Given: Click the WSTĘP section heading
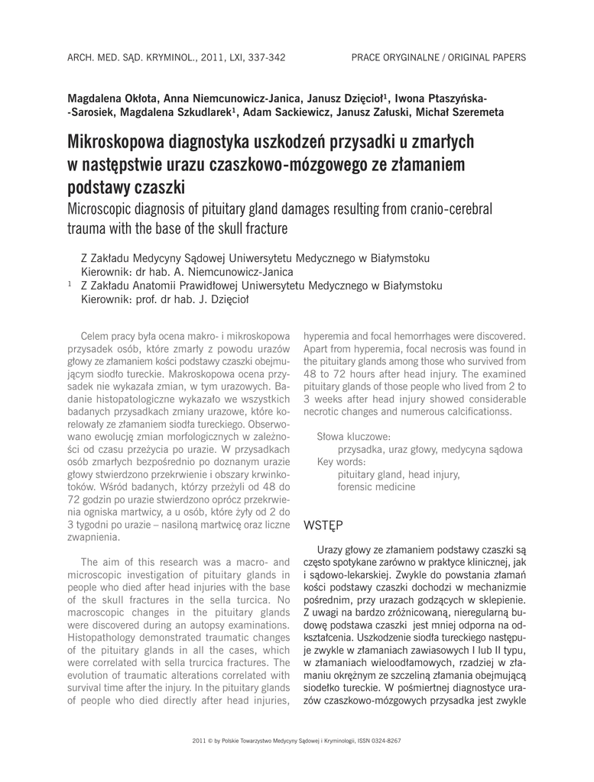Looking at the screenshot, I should pyautogui.click(x=323, y=525).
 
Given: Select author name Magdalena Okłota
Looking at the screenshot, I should pyautogui.click(x=112, y=99).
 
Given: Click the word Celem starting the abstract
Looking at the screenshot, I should pyautogui.click(x=95, y=335).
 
